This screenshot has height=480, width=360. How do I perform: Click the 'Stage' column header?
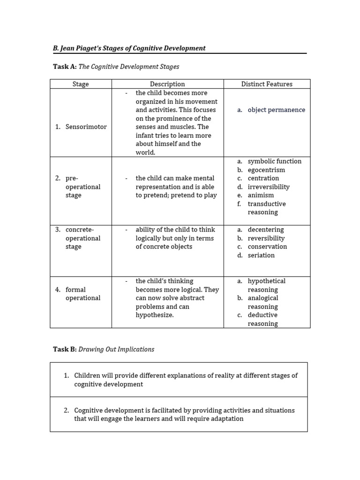pos(81,84)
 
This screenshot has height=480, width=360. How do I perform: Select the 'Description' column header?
pos(167,84)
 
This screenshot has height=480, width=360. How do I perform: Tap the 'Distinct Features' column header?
pos(267,84)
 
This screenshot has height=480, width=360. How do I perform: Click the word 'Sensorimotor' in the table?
pos(86,127)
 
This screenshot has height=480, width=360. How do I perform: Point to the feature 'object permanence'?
pos(276,110)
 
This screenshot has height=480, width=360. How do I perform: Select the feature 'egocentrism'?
pos(266,170)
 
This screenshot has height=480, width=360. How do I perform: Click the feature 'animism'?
pos(261,195)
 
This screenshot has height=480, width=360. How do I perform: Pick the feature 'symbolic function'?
pos(275,161)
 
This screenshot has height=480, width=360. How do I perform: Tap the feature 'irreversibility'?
pos(269,187)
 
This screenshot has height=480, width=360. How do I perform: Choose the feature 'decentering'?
pos(266,230)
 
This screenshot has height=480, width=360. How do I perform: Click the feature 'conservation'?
pos(267,247)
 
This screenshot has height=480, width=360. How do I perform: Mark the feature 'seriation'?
pos(261,255)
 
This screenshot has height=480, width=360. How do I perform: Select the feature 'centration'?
pos(263,178)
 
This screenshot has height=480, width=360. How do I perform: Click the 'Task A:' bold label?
pos(64,67)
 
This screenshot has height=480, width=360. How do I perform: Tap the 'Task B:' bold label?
pos(64,349)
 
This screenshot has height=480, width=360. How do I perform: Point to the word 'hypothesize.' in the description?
pos(155,315)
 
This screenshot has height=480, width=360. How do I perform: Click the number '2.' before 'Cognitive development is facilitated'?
pos(67,410)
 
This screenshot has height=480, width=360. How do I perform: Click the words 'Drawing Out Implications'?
pos(116,349)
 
